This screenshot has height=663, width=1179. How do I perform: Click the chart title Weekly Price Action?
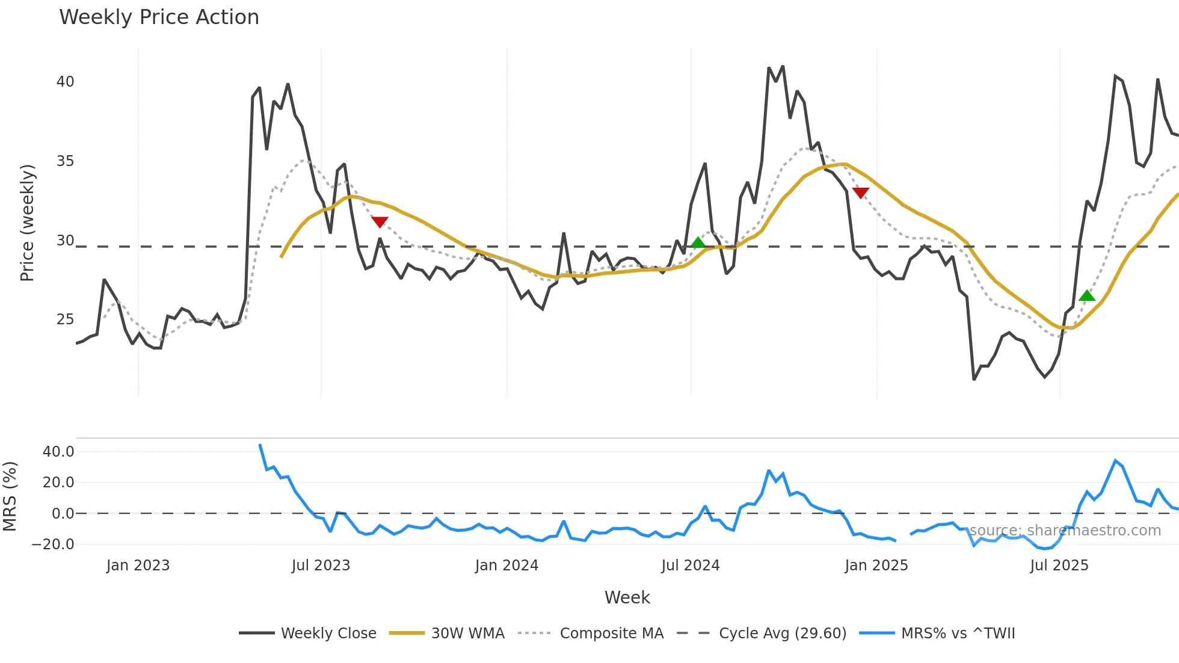(159, 17)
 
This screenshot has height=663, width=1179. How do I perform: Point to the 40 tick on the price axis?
(65, 82)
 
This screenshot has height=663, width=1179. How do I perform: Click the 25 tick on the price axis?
(65, 319)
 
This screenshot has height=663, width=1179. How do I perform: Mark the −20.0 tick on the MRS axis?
(53, 544)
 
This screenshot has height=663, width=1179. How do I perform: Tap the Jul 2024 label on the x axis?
(690, 566)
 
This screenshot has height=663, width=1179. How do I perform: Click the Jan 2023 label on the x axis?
(138, 566)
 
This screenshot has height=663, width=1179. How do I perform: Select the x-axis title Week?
(627, 597)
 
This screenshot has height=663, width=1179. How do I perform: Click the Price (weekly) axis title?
(28, 223)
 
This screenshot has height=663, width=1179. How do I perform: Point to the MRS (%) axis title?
(10, 496)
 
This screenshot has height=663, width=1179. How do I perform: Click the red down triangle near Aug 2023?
(380, 222)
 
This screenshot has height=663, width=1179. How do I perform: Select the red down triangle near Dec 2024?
(861, 193)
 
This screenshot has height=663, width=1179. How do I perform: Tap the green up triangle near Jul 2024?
(698, 242)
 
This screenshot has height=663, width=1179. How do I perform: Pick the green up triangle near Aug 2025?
(1087, 295)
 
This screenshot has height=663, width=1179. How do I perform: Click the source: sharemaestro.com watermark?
(1065, 531)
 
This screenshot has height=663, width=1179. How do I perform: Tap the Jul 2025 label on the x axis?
(1059, 566)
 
